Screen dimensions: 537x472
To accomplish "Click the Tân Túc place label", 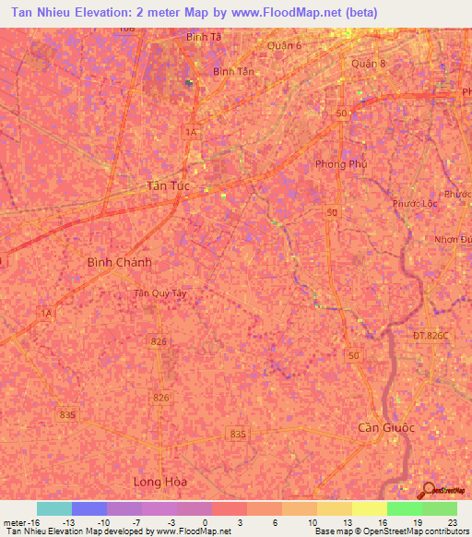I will click(x=169, y=185).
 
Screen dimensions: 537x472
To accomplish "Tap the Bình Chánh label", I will click(x=119, y=262).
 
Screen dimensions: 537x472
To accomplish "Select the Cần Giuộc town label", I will click(x=386, y=428).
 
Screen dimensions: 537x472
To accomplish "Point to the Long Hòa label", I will click(x=160, y=482).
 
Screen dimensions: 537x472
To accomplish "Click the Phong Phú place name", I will click(x=342, y=164).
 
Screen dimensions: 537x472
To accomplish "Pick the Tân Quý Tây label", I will click(x=160, y=293).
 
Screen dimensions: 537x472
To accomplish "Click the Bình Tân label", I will click(x=232, y=71).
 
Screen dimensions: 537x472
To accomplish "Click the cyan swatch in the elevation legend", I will click(x=54, y=508).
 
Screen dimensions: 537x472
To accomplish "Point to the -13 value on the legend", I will click(x=67, y=522).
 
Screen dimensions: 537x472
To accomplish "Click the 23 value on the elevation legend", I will click(x=451, y=522).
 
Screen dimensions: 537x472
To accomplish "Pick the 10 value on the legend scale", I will click(x=313, y=522).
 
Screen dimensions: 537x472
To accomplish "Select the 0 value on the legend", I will click(x=205, y=522).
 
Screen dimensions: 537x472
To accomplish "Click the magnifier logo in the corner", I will click(x=429, y=489).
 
